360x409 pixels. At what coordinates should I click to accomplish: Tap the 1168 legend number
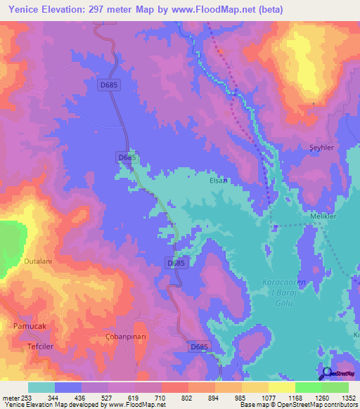[295, 398]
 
